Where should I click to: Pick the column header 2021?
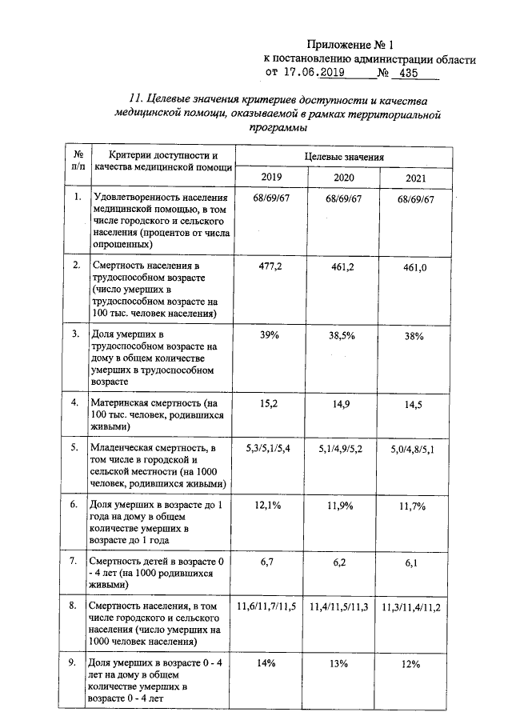coord(414,177)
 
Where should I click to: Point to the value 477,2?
coord(269,266)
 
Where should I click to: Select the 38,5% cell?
coord(344,336)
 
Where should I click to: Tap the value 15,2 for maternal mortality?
coord(269,404)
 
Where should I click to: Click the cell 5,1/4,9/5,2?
coord(341,450)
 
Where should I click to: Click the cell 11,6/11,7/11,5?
coord(266,608)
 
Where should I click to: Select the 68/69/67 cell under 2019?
coord(270,198)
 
